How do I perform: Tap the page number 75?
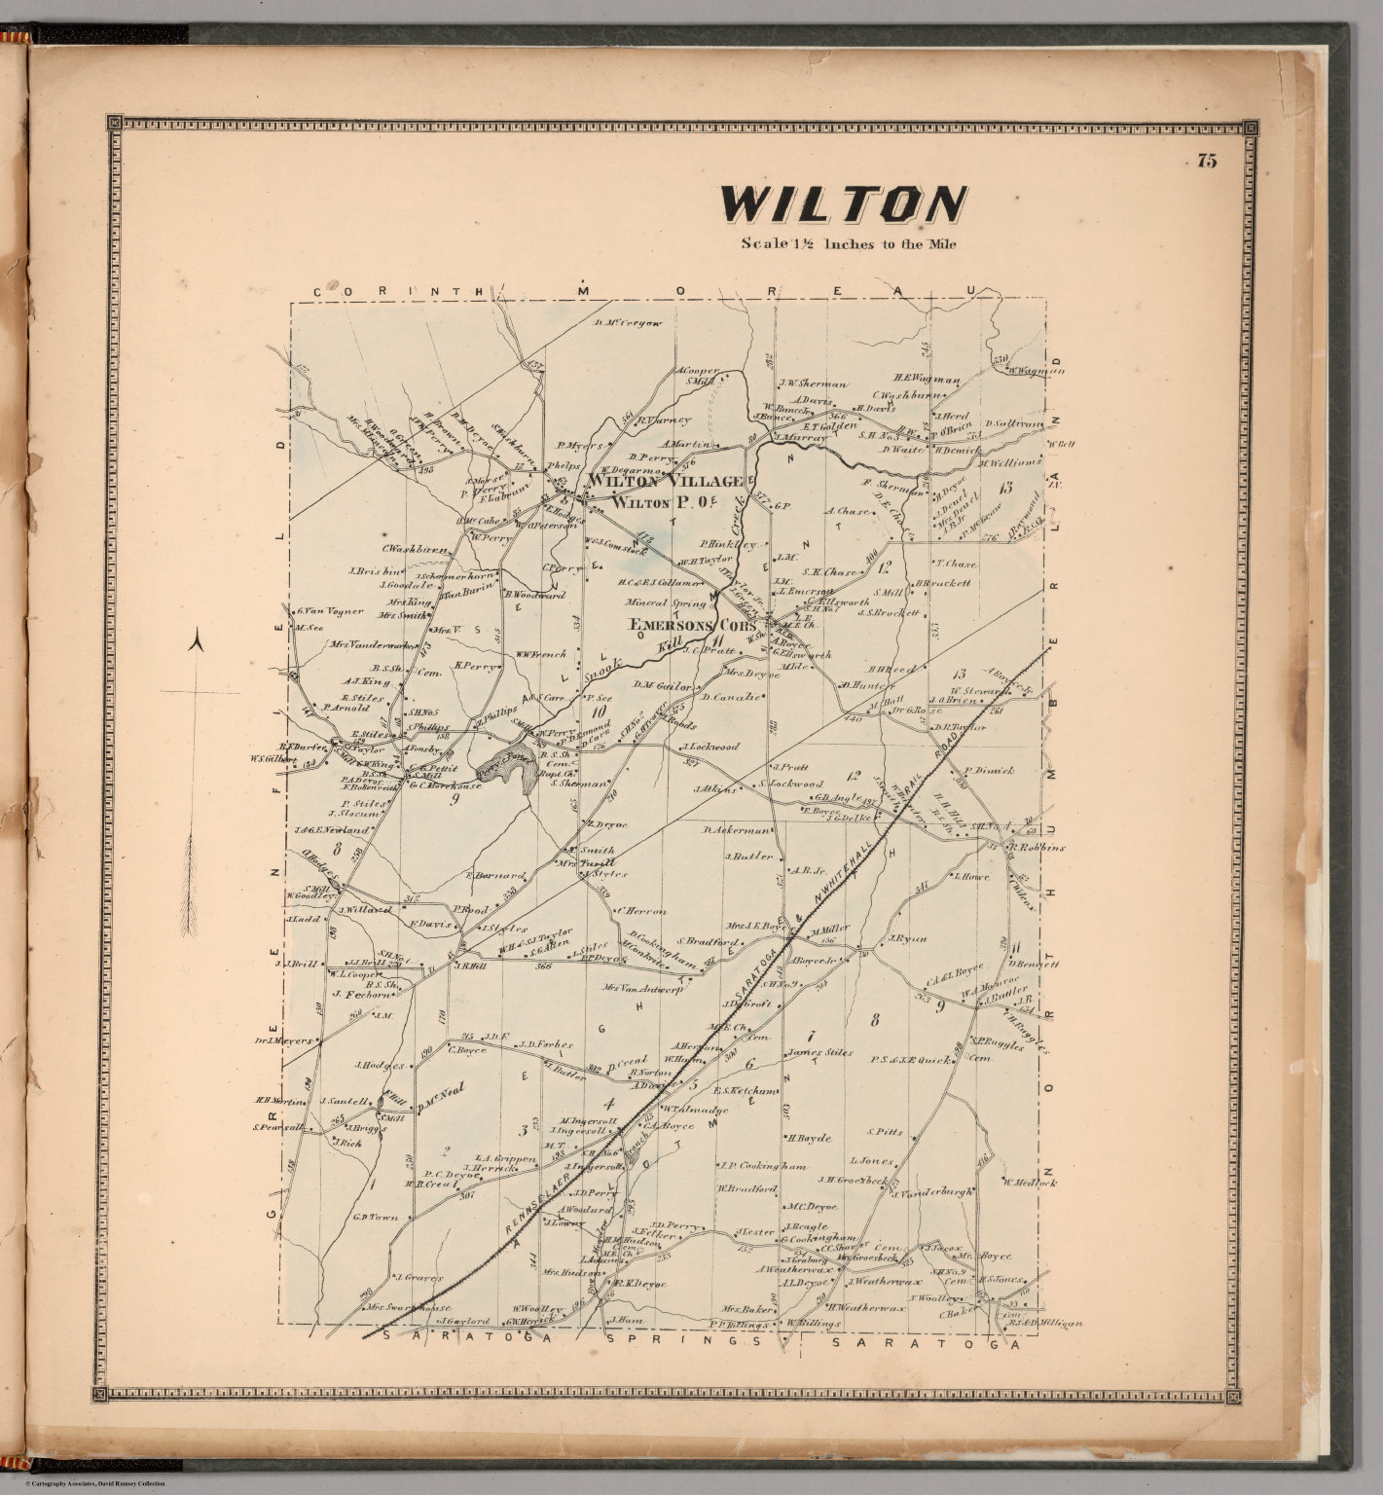tap(1207, 162)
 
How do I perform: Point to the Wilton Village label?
tap(665, 481)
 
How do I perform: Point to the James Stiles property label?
tap(819, 1052)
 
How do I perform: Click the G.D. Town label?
tap(377, 1217)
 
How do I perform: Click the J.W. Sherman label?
tap(812, 383)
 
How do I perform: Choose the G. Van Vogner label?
tap(331, 611)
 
